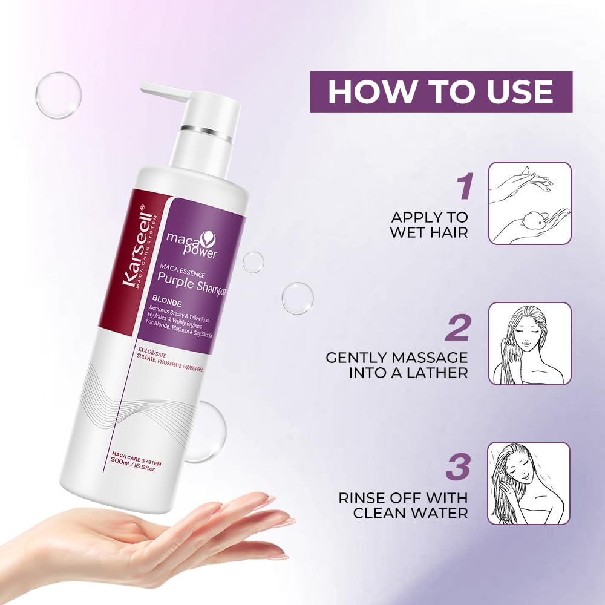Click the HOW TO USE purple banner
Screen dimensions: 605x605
click(x=440, y=91)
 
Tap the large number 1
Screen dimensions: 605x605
click(x=463, y=186)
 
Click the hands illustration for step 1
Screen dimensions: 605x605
click(x=529, y=203)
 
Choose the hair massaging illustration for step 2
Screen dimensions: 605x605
click(x=529, y=343)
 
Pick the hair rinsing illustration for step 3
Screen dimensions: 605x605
click(x=529, y=483)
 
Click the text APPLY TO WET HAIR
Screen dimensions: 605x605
click(x=430, y=224)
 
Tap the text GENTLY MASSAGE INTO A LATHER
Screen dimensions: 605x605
click(x=397, y=365)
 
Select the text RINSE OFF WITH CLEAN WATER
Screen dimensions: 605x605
click(x=403, y=505)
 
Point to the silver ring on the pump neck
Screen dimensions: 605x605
click(x=205, y=130)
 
